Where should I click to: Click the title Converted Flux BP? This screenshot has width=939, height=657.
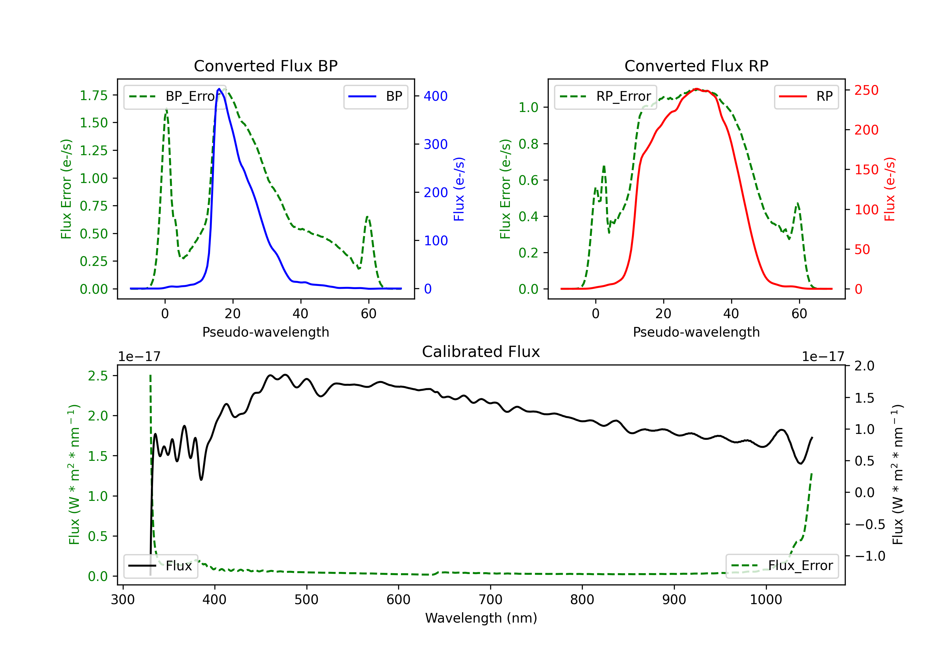point(265,66)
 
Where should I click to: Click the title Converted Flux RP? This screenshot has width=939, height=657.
point(696,66)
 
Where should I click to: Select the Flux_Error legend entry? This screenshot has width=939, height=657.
point(782,566)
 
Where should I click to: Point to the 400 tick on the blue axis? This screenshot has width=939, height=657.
point(436,96)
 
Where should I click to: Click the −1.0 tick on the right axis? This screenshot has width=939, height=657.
point(870,556)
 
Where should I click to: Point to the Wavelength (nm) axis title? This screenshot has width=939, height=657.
point(481,618)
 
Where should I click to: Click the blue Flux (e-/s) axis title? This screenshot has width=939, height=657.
point(459,189)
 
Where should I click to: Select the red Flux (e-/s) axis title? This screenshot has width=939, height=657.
point(890,189)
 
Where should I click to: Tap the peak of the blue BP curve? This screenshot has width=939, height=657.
point(219,89)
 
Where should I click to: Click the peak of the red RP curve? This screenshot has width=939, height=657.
point(696,89)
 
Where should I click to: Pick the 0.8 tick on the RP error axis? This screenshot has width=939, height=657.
point(528,144)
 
